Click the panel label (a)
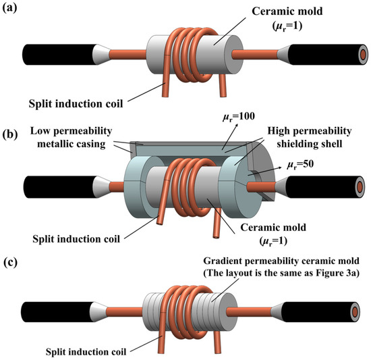point(9,8)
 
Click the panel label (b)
point(10,134)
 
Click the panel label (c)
point(11,262)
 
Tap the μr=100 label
point(239,117)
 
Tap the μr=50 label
point(300,165)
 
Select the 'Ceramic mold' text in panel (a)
point(287,11)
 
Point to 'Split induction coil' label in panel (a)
point(76,104)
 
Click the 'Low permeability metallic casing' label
point(71,137)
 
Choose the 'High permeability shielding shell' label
point(310,137)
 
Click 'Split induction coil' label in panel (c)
point(86,352)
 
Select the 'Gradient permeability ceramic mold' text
point(281,261)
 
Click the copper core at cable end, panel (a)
point(364,55)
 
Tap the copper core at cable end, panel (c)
point(355,312)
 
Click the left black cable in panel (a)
point(59,55)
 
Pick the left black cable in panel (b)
point(59,187)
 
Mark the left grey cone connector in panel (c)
point(98,312)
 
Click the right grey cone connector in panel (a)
point(283,55)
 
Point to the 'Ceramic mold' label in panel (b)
point(273,228)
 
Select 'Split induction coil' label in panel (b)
point(76,239)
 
